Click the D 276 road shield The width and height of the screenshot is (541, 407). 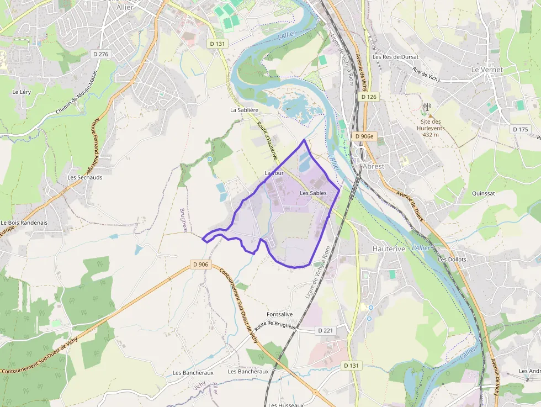[x=102, y=54]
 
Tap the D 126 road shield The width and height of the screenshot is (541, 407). [x=369, y=97]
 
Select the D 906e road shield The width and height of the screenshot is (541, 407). [x=364, y=136]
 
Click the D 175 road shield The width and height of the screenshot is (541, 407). [x=520, y=129]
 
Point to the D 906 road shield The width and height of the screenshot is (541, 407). [x=201, y=265]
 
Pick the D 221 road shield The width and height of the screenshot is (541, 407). [x=326, y=330]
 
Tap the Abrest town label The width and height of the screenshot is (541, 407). [x=373, y=166]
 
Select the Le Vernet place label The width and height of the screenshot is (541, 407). [x=486, y=70]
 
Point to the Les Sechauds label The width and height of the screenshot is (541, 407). [x=84, y=178]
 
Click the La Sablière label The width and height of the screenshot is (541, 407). [x=245, y=110]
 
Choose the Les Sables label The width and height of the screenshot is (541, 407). [x=312, y=193]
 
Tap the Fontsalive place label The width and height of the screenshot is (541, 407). [x=279, y=314]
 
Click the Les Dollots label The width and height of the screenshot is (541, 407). [x=452, y=260]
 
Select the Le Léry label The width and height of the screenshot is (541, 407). [x=22, y=92]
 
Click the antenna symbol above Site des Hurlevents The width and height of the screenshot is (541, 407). [x=426, y=106]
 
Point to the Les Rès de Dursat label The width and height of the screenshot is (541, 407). [x=395, y=56]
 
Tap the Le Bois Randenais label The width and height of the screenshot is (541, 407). [x=24, y=223]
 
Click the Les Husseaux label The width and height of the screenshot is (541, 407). [x=286, y=405]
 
